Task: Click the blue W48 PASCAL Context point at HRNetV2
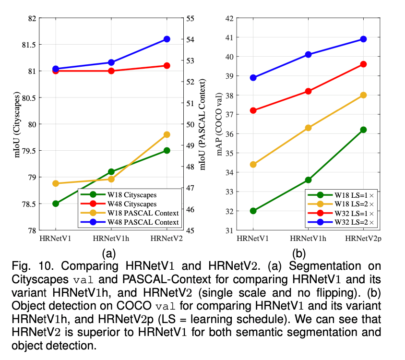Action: coord(167,39)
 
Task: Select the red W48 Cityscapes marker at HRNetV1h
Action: coord(111,71)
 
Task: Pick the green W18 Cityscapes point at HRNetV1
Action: coord(56,204)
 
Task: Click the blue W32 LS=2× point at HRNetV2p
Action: coord(363,39)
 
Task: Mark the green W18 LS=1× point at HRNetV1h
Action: coord(308,180)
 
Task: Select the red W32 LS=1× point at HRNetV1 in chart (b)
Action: coord(253,110)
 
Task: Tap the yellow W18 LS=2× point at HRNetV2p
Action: coord(363,95)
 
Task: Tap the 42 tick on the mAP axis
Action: coord(229,18)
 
